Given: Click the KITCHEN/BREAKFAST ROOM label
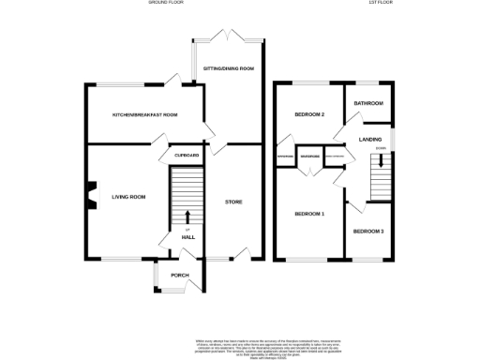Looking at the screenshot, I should click(145, 114).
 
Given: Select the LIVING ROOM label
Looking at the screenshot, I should click(128, 197).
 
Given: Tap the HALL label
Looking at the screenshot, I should click(187, 238).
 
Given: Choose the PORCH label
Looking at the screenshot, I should click(180, 276).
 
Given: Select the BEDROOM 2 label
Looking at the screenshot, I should click(308, 115).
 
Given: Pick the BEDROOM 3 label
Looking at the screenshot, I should click(368, 231).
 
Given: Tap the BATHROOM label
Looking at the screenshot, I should click(368, 103).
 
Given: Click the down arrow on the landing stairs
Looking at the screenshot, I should click(381, 163).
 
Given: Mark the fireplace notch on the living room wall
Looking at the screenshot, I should click(90, 194).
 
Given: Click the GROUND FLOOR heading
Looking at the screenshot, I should click(166, 4).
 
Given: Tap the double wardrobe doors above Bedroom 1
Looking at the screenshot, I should click(309, 169).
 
